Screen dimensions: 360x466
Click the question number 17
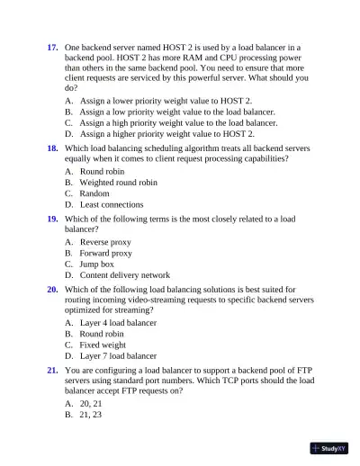point(52,46)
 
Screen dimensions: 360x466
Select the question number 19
point(52,219)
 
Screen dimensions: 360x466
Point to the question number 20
point(52,290)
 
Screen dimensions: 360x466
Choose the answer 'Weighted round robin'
point(118,182)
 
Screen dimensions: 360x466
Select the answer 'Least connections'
point(112,205)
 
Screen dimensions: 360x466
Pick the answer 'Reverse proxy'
point(105,241)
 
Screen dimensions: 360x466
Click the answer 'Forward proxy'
point(106,253)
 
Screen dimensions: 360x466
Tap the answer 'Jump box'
point(97,264)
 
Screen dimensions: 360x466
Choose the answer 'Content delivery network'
point(124,275)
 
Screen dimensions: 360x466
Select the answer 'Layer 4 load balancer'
point(118,323)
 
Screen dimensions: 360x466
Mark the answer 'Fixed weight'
point(103,345)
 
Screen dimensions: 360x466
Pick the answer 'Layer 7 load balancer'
point(118,356)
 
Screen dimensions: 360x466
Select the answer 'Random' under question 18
point(94,193)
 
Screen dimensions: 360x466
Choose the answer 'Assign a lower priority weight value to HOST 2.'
point(166,102)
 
